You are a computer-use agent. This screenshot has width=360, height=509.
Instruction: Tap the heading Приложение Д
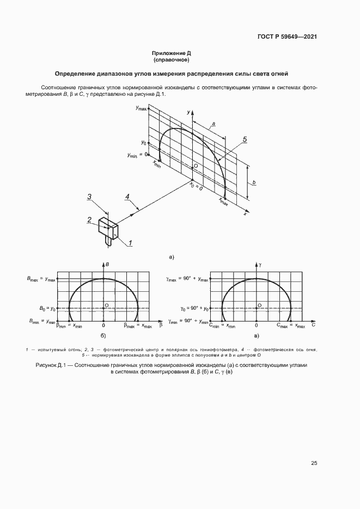pyautogui.click(x=171, y=53)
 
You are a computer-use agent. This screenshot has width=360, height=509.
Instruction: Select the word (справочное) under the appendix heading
pyautogui.click(x=171, y=60)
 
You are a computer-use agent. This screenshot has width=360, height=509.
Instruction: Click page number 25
pyautogui.click(x=314, y=463)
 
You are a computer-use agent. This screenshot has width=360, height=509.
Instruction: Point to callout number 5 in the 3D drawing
pyautogui.click(x=245, y=140)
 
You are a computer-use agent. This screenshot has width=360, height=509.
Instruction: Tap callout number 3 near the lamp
pyautogui.click(x=91, y=197)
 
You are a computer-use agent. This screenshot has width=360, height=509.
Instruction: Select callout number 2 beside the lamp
pyautogui.click(x=89, y=219)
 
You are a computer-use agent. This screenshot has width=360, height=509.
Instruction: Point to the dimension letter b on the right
pyautogui.click(x=255, y=182)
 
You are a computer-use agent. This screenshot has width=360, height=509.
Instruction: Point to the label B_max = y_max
pyautogui.click(x=41, y=279)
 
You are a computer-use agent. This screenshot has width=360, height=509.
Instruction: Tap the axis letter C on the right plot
pyautogui.click(x=314, y=325)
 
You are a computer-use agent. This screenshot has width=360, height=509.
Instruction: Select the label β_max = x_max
pyautogui.click(x=138, y=325)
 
